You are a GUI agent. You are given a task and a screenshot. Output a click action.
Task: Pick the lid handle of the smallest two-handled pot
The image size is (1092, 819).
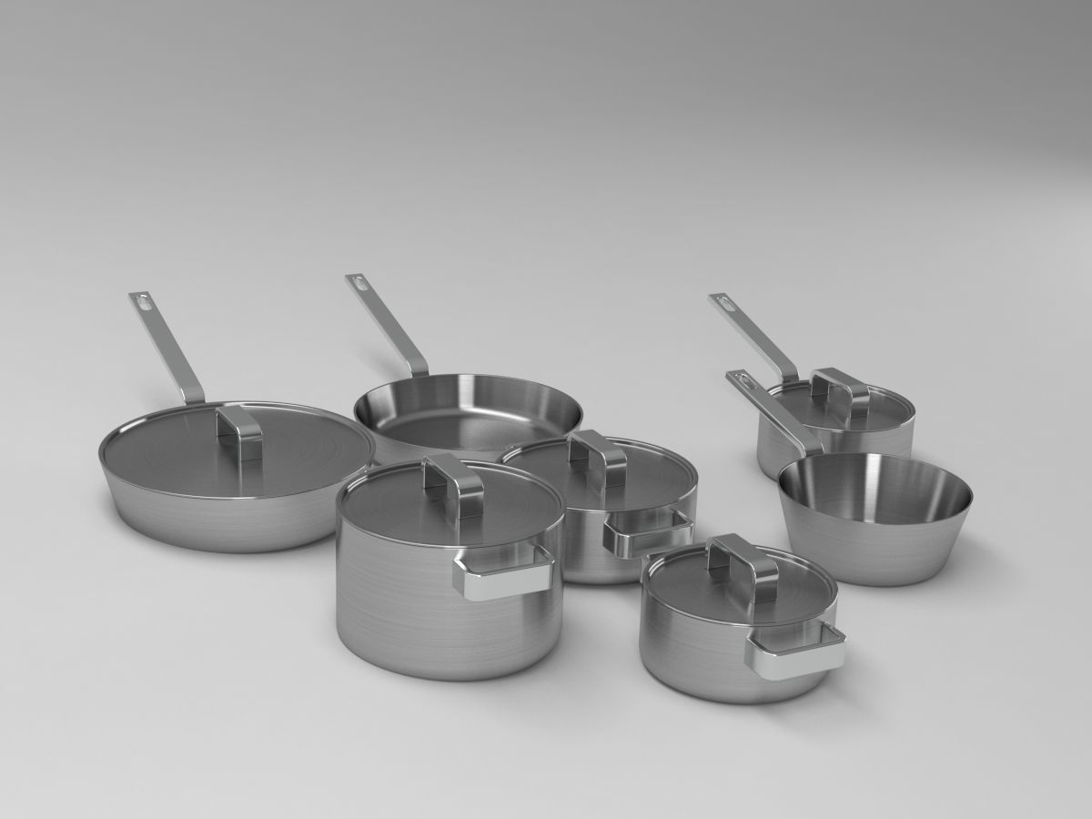(743, 557)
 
